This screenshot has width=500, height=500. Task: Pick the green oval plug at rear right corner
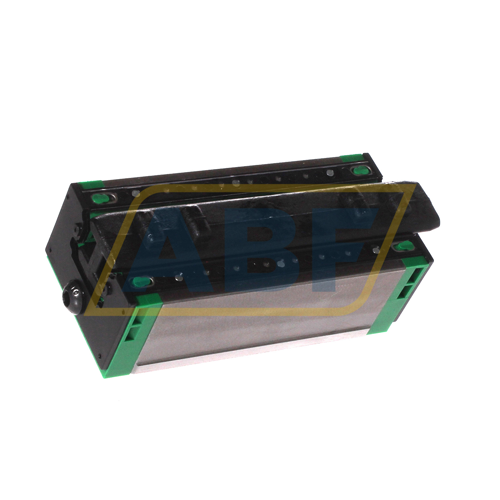click(x=359, y=171)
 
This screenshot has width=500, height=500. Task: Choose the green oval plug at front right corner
click(x=403, y=246)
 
